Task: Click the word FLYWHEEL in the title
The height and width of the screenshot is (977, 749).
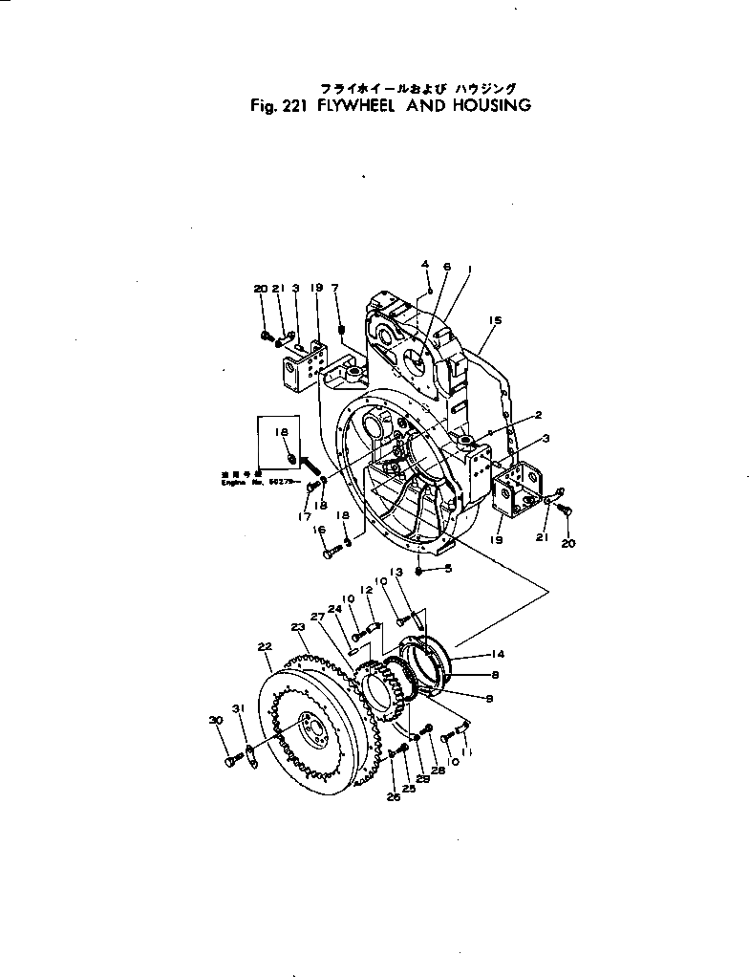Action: [353, 105]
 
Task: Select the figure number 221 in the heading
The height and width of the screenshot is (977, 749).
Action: [288, 105]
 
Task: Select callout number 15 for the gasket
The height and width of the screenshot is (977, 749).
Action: [494, 320]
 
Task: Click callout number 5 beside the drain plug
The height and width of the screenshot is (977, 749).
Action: [448, 570]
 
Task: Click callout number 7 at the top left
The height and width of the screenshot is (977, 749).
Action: [334, 288]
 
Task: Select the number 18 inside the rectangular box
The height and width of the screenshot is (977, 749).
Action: [283, 433]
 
